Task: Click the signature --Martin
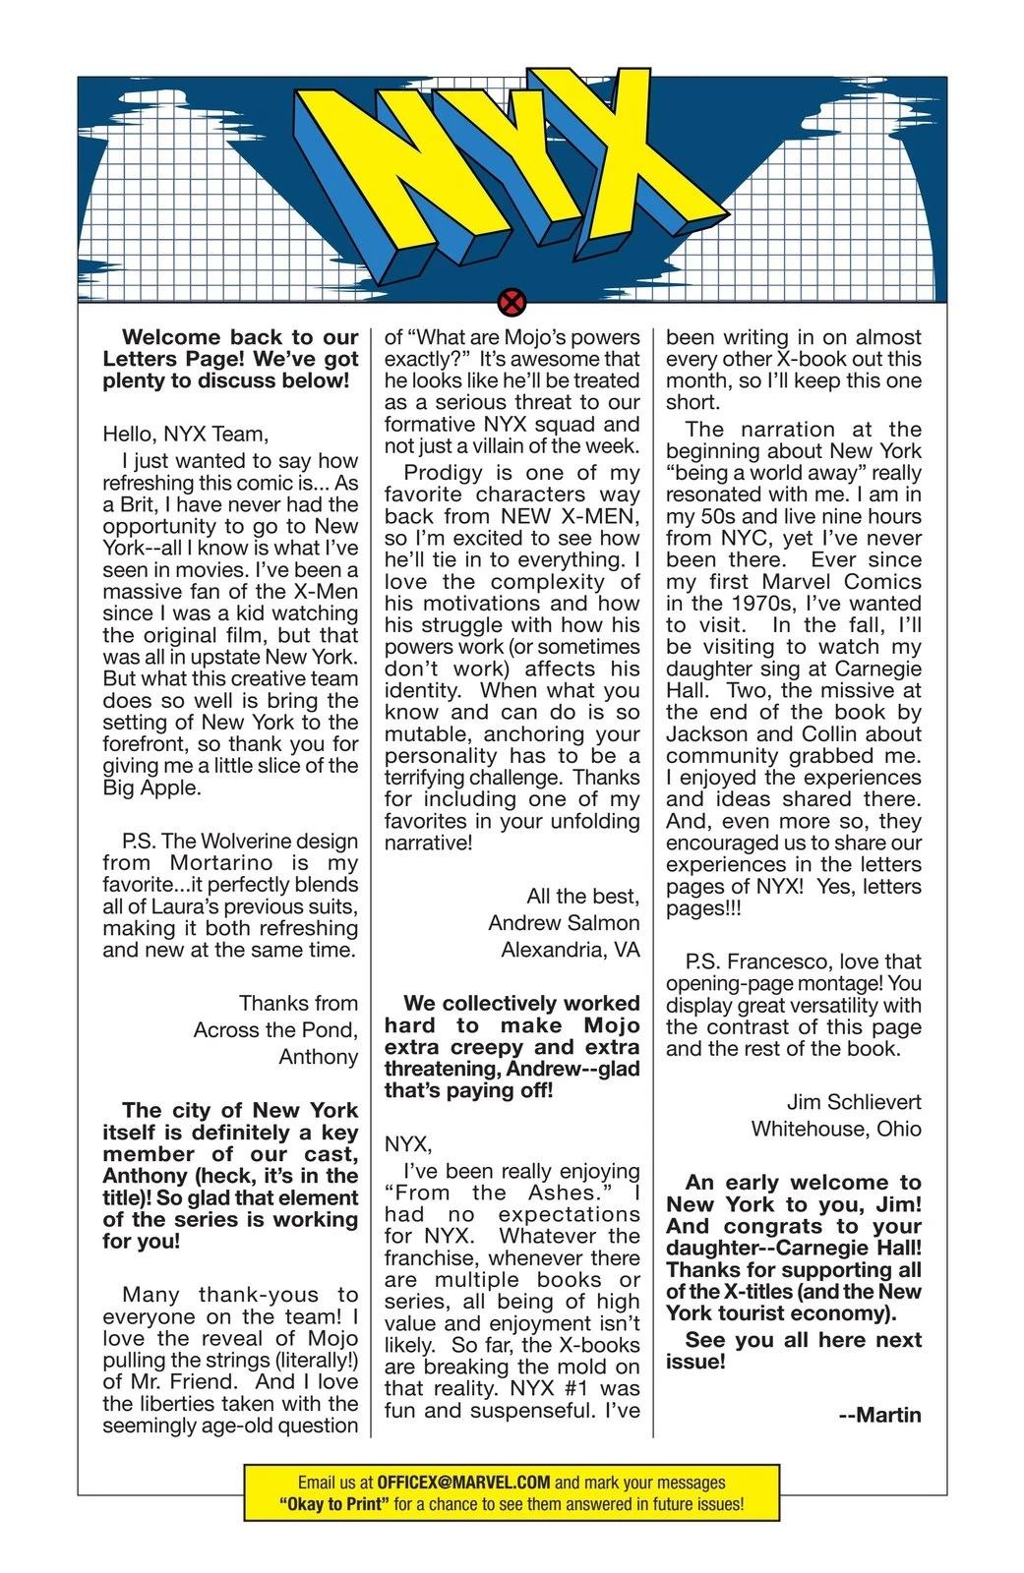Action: (x=880, y=1416)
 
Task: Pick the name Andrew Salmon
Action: (x=564, y=923)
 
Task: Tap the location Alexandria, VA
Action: (x=570, y=950)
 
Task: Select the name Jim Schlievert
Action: (x=854, y=1101)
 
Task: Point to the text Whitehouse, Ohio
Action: (x=836, y=1128)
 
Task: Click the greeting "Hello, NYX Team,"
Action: (x=185, y=433)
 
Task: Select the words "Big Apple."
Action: (x=151, y=787)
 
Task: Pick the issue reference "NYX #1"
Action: (x=554, y=1389)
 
